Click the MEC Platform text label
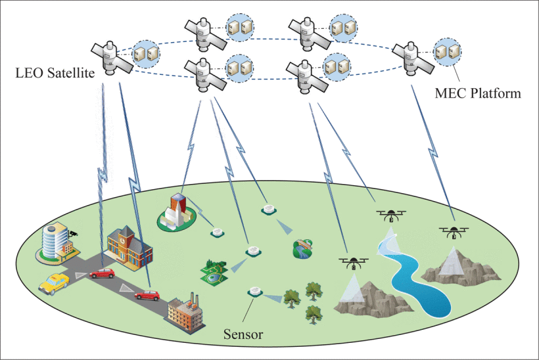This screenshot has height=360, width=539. point(478,93)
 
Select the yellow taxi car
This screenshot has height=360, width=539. point(55,284)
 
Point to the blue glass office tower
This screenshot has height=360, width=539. point(56,240)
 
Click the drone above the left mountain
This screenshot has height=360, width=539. point(354,263)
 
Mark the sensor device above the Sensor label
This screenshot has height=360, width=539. point(255,290)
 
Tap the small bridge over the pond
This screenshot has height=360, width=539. point(303,246)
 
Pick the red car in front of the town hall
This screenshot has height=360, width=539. point(103,273)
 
